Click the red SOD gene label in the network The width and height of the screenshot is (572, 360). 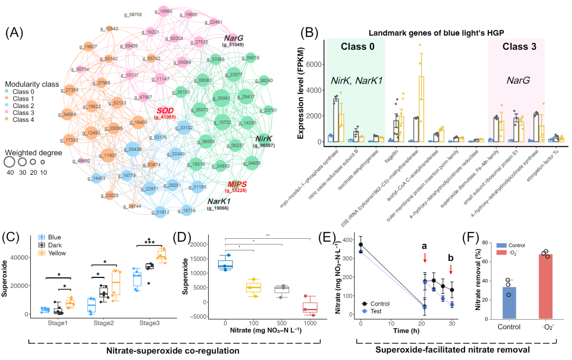point(165,110)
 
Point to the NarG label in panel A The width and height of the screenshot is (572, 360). point(233,38)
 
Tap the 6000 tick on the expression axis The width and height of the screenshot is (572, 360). point(313,64)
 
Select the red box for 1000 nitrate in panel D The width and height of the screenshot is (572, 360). point(309,305)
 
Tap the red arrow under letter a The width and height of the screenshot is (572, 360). point(425,258)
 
